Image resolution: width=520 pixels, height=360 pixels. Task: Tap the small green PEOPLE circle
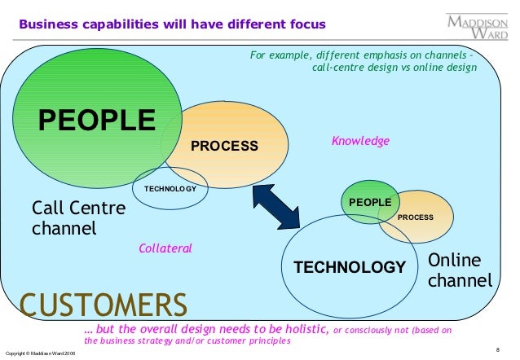tap(370, 201)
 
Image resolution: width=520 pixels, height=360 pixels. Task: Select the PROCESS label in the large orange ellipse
tap(224, 146)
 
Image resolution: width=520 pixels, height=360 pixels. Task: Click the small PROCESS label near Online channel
tap(415, 217)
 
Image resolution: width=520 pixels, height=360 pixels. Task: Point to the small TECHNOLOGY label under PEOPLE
tap(170, 189)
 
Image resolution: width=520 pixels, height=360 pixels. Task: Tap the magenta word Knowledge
tap(360, 141)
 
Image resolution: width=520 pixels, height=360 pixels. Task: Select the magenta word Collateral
tap(165, 247)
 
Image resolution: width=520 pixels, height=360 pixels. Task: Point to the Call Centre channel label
tap(78, 217)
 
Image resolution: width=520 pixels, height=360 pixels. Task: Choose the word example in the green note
tap(290, 55)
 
